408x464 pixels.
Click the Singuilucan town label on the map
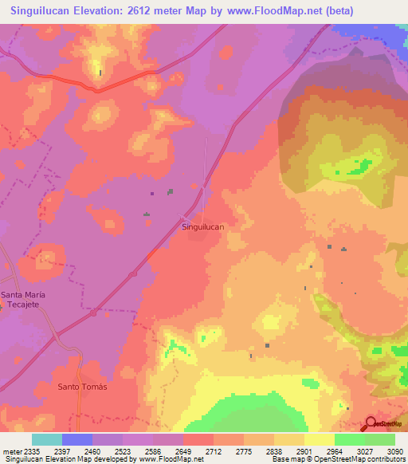(203, 227)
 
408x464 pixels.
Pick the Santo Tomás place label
(82, 387)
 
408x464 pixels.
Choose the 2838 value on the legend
(275, 451)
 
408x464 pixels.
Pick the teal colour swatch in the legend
(47, 439)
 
